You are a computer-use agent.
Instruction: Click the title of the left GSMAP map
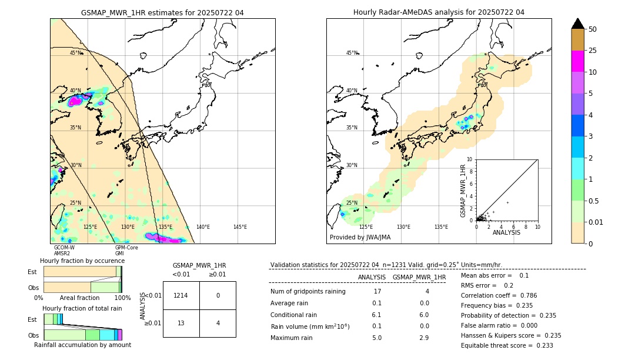click(162, 12)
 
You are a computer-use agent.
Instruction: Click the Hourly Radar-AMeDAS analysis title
click(439, 12)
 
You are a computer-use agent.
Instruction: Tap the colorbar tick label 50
click(593, 29)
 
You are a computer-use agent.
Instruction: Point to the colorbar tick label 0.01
click(596, 222)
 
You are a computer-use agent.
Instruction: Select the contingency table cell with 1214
click(181, 295)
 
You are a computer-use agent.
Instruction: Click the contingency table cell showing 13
click(181, 323)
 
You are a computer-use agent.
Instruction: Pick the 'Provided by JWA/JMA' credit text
click(360, 238)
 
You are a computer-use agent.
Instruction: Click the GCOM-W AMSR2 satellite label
click(64, 251)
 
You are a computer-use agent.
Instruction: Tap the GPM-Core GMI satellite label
click(126, 251)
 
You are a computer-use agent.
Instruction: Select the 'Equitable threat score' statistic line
click(507, 345)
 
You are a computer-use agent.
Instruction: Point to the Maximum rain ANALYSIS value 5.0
click(377, 338)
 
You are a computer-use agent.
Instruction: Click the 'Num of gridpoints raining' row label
click(308, 291)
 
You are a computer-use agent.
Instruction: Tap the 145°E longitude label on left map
click(240, 227)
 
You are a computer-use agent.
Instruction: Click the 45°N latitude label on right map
click(352, 53)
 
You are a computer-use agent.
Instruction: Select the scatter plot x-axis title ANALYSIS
click(506, 232)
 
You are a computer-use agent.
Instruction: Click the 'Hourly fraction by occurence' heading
click(82, 261)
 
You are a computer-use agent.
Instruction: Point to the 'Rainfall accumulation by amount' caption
click(82, 345)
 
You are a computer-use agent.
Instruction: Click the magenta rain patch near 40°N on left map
click(75, 101)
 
